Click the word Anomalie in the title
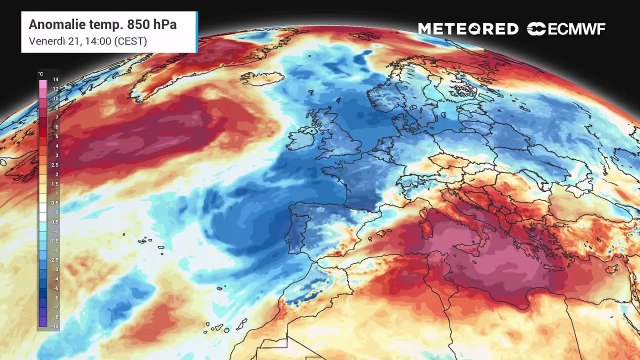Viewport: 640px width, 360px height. pos(46,21)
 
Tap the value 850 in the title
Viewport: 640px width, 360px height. pos(122,21)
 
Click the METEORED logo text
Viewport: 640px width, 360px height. pos(467,29)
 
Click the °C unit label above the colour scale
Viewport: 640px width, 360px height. pos(40,74)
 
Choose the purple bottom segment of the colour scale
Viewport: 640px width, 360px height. pos(41,324)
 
